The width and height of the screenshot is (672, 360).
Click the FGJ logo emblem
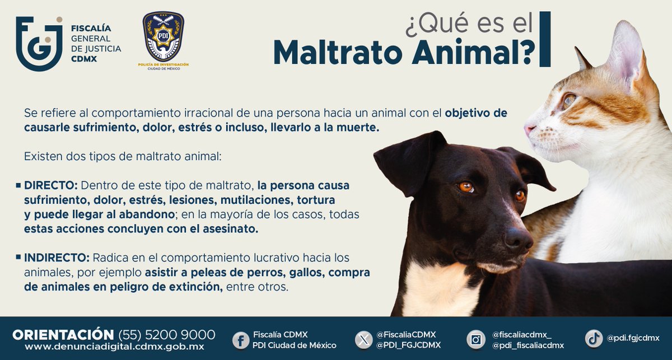(39, 43)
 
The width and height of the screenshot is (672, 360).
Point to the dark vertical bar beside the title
(544, 39)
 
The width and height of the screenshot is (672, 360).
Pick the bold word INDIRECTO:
(57, 258)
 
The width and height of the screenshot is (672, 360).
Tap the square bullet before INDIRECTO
(18, 257)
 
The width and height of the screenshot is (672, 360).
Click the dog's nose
(518, 239)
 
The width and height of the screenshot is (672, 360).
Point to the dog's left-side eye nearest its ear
(466, 187)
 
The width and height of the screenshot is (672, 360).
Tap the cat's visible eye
(569, 101)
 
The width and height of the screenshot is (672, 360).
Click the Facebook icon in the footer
(241, 339)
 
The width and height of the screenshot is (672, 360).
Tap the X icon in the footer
(364, 339)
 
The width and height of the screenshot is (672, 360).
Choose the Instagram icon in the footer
(476, 339)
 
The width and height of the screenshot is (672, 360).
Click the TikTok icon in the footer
(594, 338)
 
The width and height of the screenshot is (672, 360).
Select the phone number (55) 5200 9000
(166, 335)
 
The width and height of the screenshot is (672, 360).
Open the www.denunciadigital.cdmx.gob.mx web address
(114, 347)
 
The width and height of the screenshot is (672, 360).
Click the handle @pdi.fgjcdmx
(633, 338)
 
